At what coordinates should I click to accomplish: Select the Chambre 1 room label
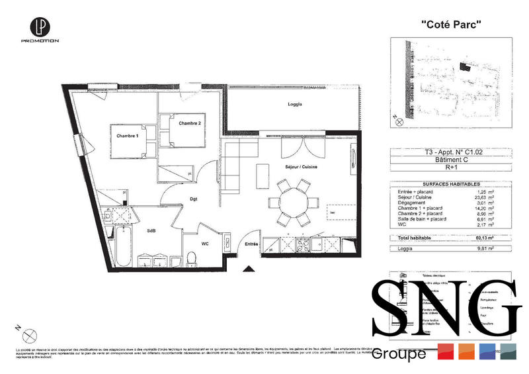tap(127, 136)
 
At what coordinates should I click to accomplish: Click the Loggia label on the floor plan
tap(295, 105)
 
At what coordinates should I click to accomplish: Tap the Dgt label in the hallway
tap(194, 198)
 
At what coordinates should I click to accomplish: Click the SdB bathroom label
tap(151, 231)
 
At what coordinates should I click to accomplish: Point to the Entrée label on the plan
tap(251, 244)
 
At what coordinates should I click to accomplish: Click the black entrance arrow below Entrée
tap(249, 269)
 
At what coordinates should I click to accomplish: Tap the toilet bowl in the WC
tap(192, 257)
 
